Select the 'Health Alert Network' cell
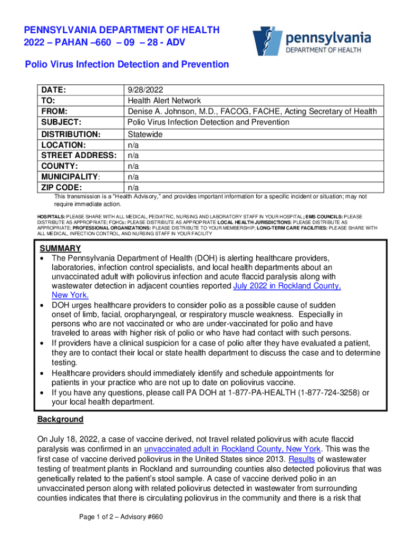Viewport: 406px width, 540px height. (x=164, y=101)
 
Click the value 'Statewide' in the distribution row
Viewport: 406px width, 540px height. (x=145, y=134)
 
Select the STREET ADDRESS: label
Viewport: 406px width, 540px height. (x=78, y=156)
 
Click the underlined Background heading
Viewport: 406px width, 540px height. (x=60, y=419)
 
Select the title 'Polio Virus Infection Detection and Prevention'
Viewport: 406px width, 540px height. (x=127, y=64)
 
